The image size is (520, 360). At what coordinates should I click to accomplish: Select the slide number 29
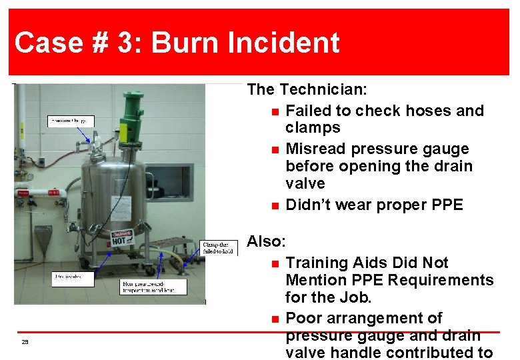(x=25, y=342)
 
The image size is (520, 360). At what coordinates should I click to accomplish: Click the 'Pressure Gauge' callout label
(x=71, y=121)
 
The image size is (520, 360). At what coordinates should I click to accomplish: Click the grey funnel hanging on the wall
(x=43, y=237)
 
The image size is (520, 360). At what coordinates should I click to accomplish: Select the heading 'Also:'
(x=267, y=241)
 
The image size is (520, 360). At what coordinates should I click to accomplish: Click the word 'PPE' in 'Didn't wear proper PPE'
(x=447, y=205)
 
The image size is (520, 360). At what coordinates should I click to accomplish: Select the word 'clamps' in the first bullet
(x=313, y=127)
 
